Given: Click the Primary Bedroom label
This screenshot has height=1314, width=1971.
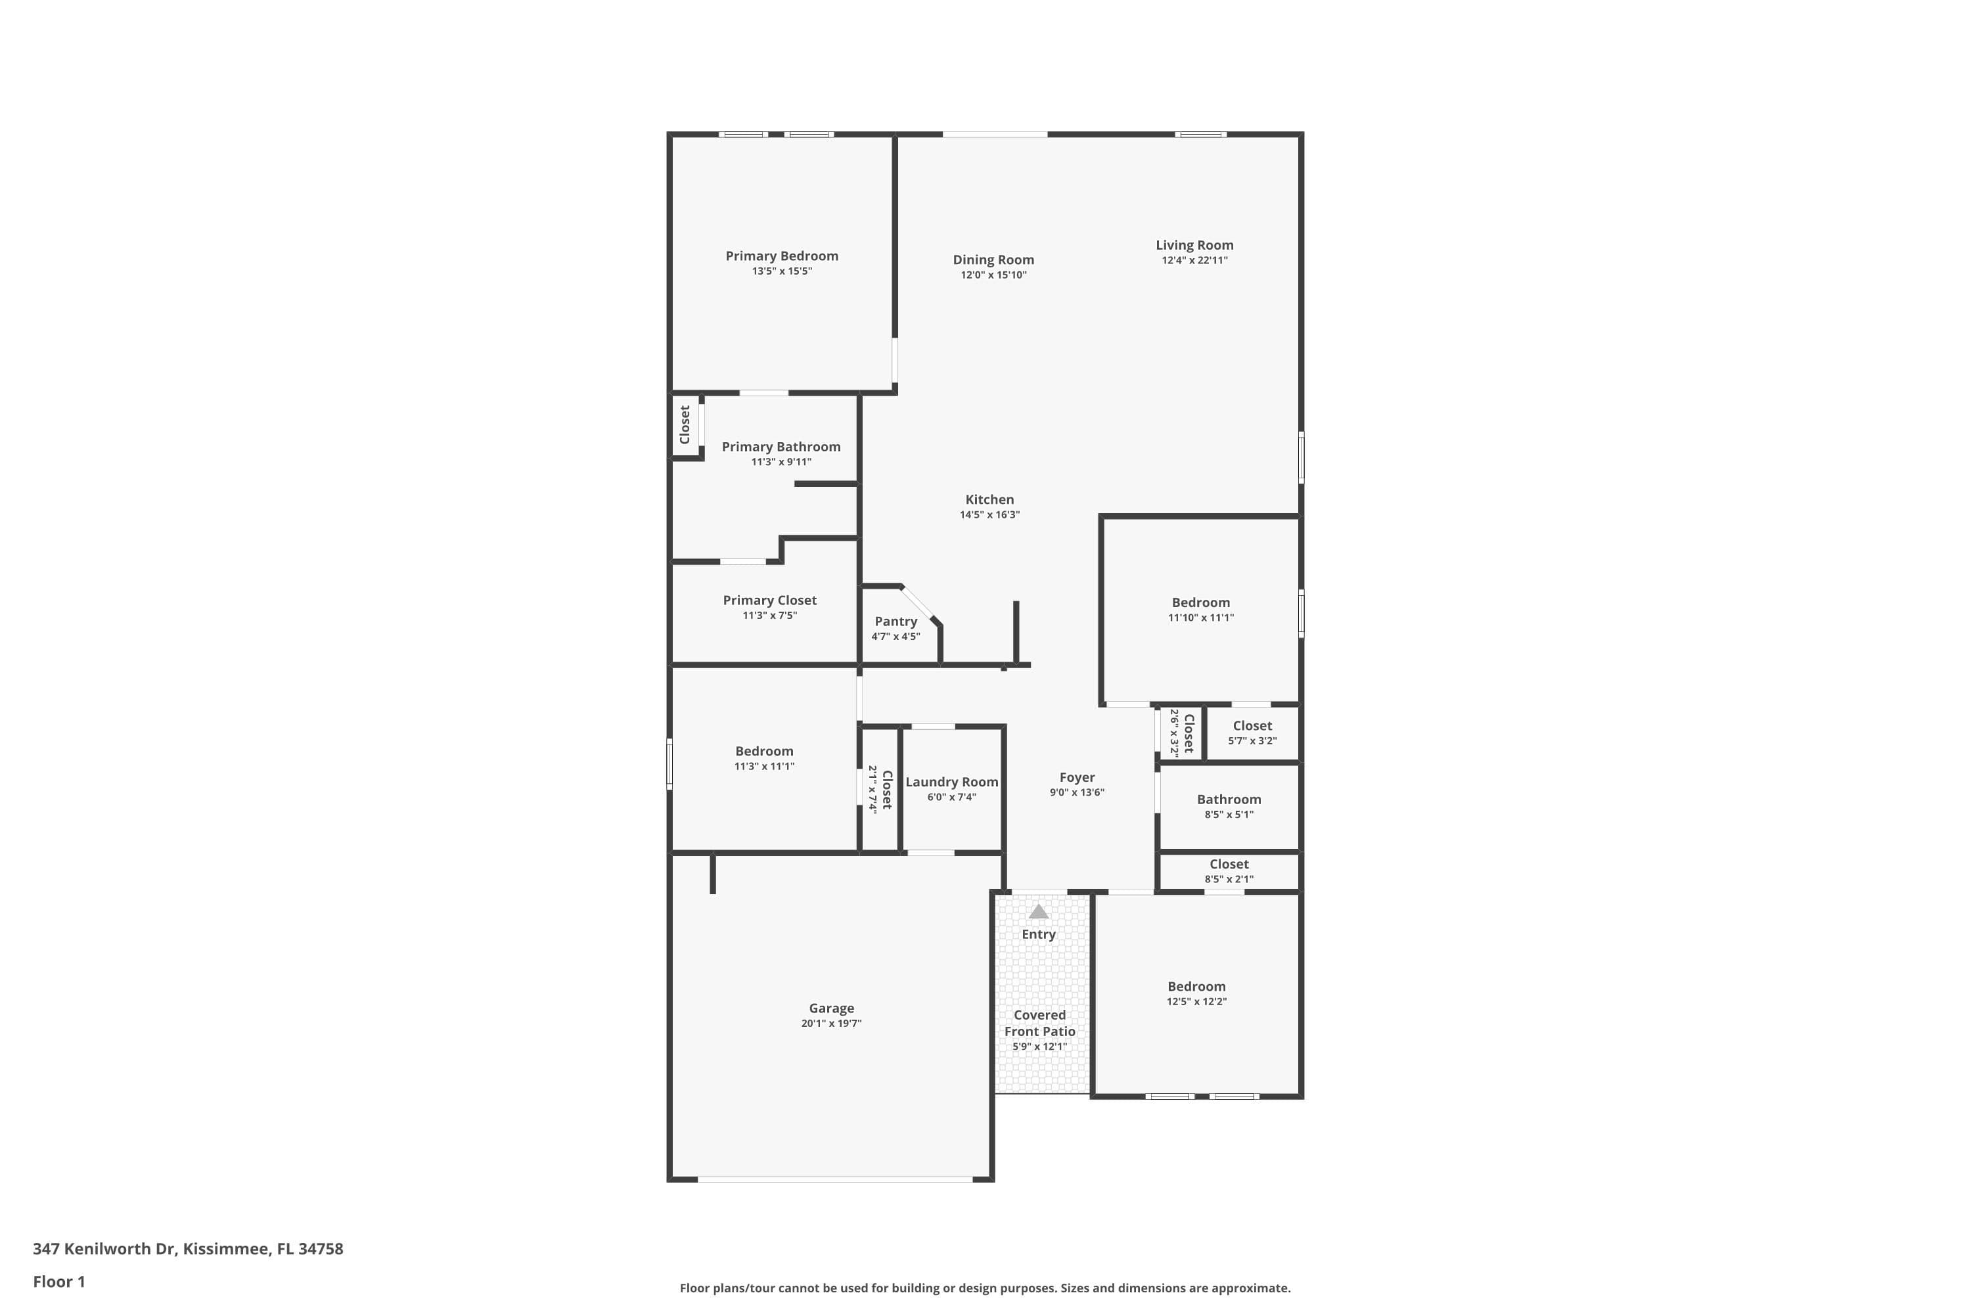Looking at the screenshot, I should point(781,256).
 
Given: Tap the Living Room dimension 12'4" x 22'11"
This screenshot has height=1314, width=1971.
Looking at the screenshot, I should point(1194,261).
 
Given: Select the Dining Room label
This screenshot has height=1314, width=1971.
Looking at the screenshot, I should point(993,260).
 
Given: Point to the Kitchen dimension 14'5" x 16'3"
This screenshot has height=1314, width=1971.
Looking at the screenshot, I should point(989,514).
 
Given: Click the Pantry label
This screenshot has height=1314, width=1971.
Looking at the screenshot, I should point(895,621).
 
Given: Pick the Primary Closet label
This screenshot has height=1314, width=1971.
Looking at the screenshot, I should point(769,600).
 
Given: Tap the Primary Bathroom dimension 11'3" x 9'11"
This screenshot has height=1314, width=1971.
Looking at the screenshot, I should point(781,462).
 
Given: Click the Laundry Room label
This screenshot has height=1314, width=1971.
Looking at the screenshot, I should point(951,782).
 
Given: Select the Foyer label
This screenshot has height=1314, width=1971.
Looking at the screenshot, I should point(1077,778).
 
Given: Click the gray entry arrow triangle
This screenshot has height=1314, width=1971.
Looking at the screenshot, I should point(1038,912).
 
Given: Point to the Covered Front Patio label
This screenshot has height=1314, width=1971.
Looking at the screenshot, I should point(1039,1023).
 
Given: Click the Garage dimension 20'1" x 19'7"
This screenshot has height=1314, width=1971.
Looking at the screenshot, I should point(830,1023).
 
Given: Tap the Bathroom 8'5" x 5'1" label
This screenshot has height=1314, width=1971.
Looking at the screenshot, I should point(1229,800).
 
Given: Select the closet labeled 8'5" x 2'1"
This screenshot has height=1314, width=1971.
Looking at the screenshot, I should point(1229,871).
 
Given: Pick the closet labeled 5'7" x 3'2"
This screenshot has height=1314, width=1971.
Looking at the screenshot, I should point(1252,733).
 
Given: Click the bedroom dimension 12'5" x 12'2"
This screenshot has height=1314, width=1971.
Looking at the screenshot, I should point(1196,1001).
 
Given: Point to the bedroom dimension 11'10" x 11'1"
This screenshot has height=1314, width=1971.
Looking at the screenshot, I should point(1200,618).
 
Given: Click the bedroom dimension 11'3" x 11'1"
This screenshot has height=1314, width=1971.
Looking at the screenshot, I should point(763,766).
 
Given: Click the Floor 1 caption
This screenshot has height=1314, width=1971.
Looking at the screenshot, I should point(58,1281).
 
